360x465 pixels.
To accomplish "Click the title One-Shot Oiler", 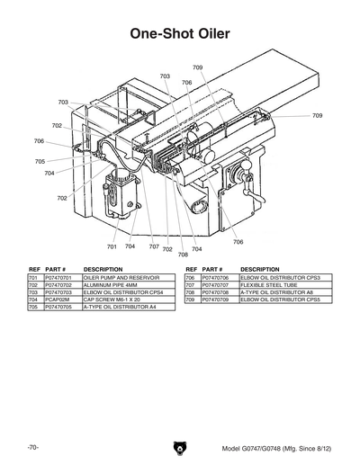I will click(180, 33).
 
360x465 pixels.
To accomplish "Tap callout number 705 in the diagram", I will click(40, 162).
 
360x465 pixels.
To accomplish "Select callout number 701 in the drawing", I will click(112, 246).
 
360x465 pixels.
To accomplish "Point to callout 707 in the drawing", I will click(154, 246).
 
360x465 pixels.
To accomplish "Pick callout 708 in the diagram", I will click(183, 255).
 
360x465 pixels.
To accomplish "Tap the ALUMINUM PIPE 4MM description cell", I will click(111, 286).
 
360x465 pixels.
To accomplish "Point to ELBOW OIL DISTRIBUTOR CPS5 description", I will click(281, 300).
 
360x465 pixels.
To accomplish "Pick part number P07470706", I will click(217, 279).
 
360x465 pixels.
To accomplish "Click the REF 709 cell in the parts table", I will click(191, 300).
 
